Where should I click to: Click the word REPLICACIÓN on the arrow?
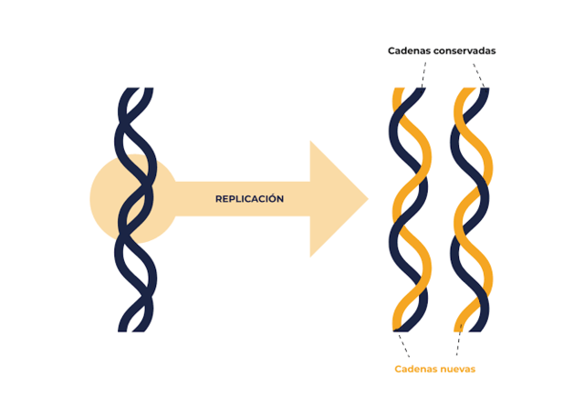click(249, 199)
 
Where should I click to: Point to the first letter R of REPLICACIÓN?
click(219, 199)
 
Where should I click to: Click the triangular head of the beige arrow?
click(339, 199)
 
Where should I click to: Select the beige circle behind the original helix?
click(105, 199)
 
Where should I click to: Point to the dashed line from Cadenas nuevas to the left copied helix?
click(402, 345)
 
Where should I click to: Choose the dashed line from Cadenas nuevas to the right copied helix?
click(459, 345)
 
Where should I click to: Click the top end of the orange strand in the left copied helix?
click(399, 92)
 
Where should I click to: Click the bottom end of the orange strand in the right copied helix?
click(460, 327)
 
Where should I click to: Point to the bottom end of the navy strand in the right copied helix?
click(485, 327)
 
